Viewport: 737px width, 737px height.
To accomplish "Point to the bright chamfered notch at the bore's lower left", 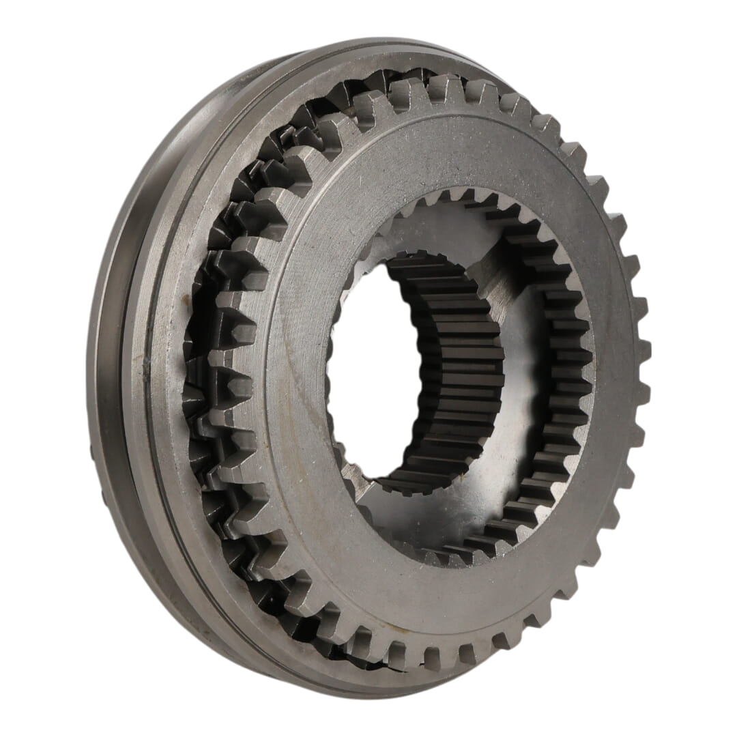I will pos(355,478).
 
